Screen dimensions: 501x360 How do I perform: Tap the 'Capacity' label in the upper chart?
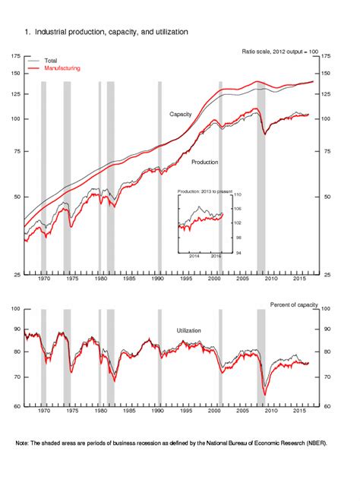click(180, 114)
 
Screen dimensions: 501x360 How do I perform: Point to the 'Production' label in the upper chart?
click(205, 162)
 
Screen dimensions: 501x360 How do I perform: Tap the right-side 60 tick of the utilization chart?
click(327, 405)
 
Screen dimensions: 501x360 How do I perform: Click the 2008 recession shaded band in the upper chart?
click(261, 175)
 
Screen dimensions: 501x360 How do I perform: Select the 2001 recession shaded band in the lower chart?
click(220, 357)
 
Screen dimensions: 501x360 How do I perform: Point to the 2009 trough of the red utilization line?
click(265, 395)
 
